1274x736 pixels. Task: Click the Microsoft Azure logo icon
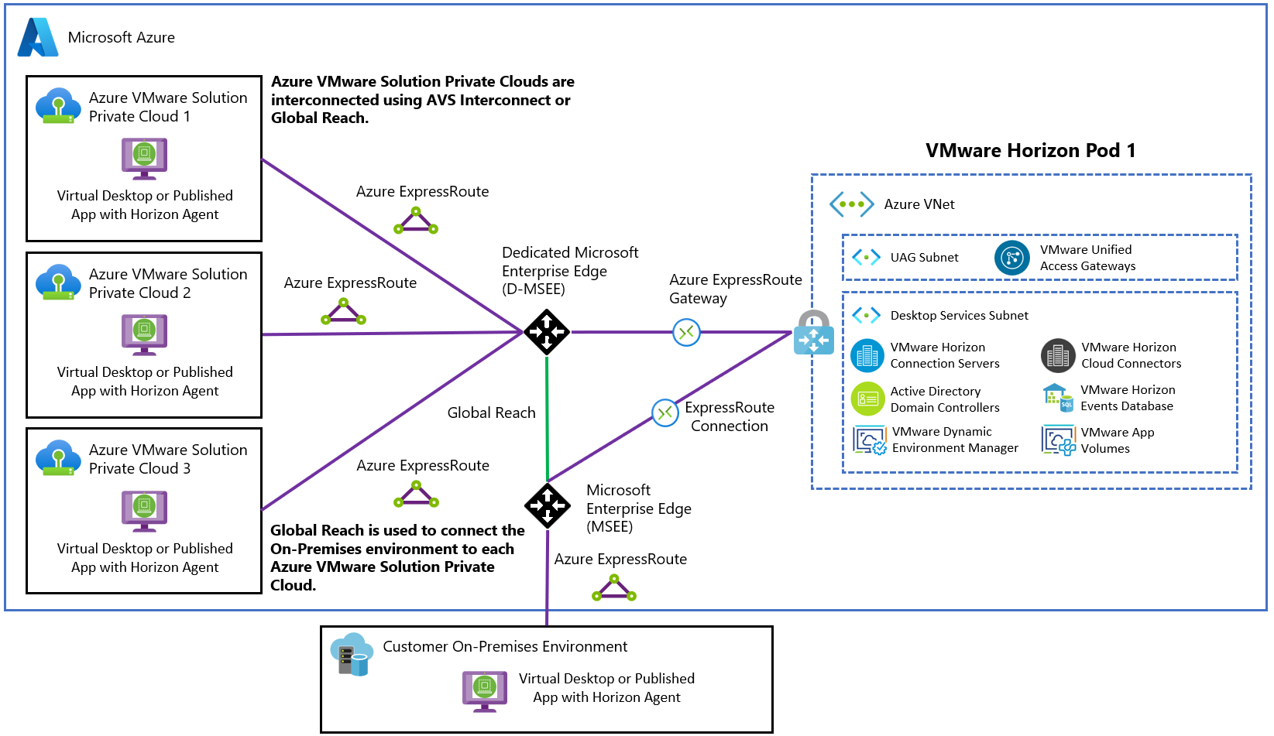(x=38, y=37)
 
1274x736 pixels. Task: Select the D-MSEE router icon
(x=547, y=332)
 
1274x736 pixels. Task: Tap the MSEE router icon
(x=548, y=505)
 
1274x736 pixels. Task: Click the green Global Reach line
(x=547, y=418)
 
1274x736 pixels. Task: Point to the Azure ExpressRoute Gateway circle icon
(x=686, y=333)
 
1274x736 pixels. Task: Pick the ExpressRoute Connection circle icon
(x=665, y=413)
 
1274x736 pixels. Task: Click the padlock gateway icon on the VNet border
(x=813, y=332)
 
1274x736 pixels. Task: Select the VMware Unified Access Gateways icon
(x=1011, y=258)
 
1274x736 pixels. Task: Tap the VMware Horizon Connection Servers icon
(x=867, y=355)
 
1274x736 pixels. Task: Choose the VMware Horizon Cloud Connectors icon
(x=1058, y=355)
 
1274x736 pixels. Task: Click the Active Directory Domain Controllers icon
(x=867, y=399)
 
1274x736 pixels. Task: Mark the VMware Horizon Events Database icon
(x=1057, y=398)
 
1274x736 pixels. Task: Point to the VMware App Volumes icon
(x=1059, y=440)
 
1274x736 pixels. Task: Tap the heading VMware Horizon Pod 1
(x=1030, y=150)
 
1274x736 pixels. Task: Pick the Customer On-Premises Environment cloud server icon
(x=352, y=655)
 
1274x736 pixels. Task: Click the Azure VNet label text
(x=919, y=204)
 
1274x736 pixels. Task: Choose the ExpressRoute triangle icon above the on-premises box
(x=614, y=590)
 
